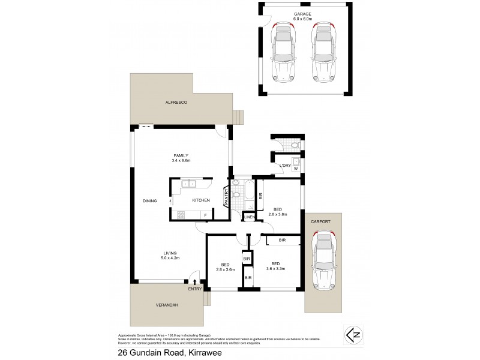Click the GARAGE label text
[x=302, y=13]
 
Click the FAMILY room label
[x=182, y=155]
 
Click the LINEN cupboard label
[x=250, y=217]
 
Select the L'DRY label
[x=285, y=166]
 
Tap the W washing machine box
[x=296, y=169]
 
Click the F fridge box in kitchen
[x=205, y=215]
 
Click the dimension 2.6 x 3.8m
[x=277, y=214]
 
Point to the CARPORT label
[x=321, y=221]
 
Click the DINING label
[x=151, y=201]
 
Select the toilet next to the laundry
[x=292, y=146]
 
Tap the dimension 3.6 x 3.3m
[x=275, y=269]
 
